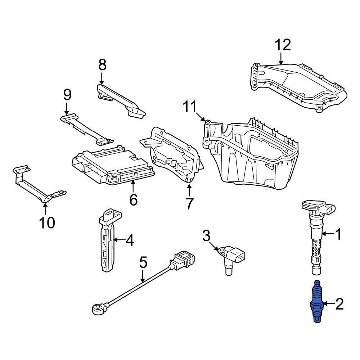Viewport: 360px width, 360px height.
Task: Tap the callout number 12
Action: coord(283,45)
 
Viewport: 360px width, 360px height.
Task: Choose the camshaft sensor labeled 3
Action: coord(232,257)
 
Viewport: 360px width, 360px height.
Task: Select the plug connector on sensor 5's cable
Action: coord(184,260)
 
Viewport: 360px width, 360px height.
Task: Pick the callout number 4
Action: coord(129,240)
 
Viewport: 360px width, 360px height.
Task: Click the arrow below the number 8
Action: coord(102,78)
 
